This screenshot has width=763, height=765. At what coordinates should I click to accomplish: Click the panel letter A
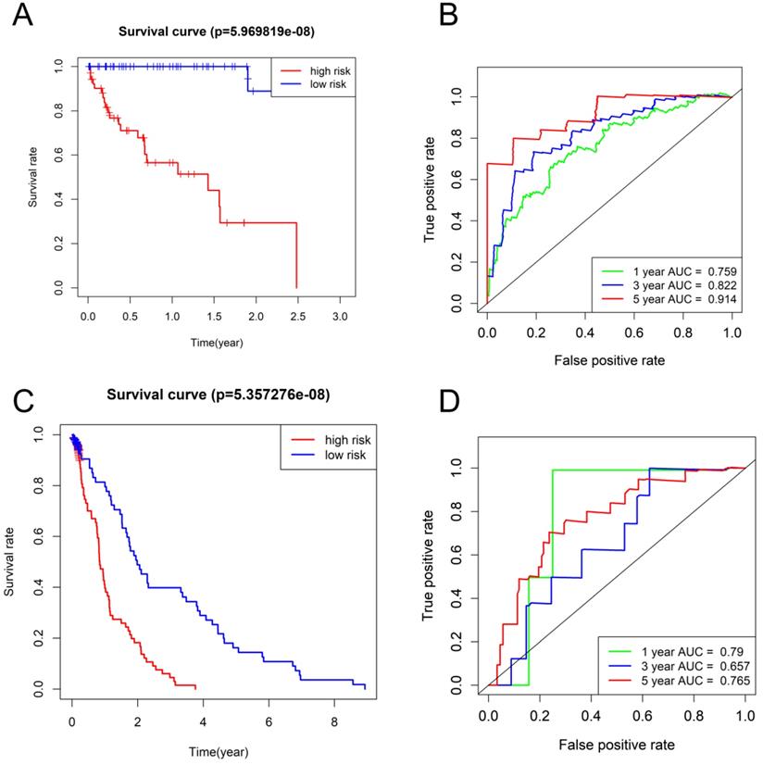20,19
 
